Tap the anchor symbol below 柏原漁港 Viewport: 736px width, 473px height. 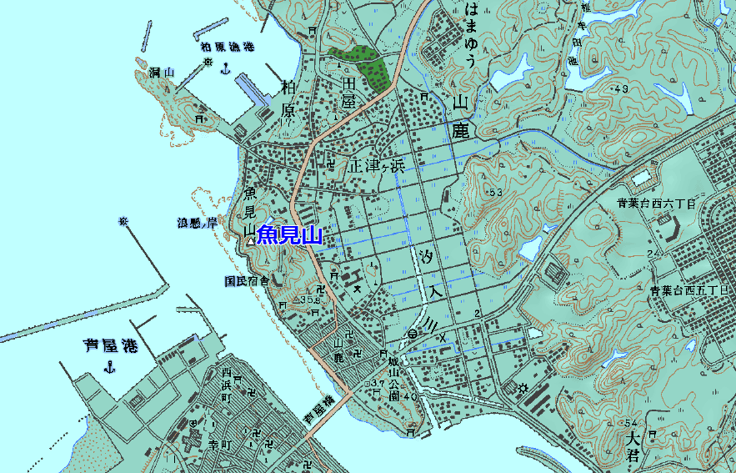click(224, 67)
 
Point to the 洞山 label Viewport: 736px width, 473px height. click(160, 73)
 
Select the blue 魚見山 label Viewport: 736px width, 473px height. click(289, 235)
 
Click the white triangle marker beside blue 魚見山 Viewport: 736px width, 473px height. click(250, 241)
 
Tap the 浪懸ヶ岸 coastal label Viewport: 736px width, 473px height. click(197, 223)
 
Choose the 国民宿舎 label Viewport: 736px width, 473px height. click(247, 281)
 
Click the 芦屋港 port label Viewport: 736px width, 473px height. click(110, 345)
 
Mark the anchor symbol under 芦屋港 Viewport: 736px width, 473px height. click(109, 367)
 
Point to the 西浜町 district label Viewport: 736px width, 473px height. click(225, 383)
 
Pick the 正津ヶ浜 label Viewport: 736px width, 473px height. click(377, 165)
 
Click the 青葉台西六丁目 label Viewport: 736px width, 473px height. click(656, 203)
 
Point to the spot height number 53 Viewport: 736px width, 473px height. click(498, 193)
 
